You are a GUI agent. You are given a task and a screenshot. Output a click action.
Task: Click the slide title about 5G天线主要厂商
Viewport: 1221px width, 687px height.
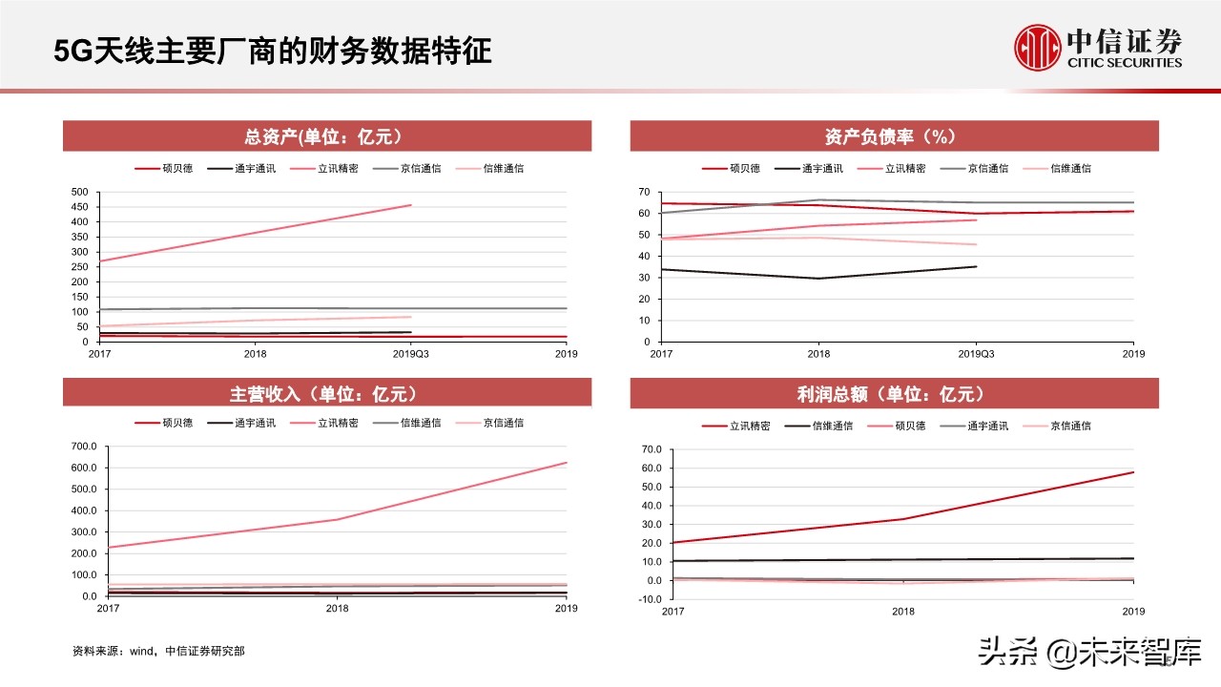pos(272,51)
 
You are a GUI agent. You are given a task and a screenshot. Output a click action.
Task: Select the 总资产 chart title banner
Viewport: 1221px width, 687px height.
pos(327,136)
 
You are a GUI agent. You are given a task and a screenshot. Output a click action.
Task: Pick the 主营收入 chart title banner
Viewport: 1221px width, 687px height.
pos(327,393)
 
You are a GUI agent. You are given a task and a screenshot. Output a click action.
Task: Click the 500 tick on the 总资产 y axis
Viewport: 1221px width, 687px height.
pos(80,193)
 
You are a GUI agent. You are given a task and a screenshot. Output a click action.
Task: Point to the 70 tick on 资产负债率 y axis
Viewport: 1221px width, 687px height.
pos(645,193)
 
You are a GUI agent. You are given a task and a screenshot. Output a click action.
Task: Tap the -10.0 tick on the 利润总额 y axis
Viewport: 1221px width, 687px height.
pos(651,599)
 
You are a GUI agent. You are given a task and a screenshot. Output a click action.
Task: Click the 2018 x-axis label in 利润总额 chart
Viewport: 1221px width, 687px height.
pos(903,611)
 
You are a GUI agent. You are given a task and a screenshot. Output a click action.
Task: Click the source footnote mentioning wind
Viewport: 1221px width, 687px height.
pos(158,652)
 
